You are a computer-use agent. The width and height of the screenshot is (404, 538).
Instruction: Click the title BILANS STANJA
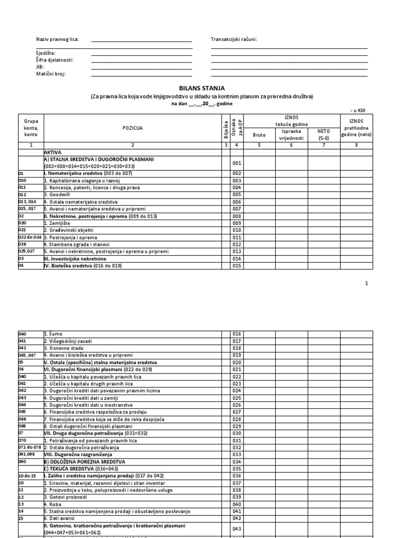pyautogui.click(x=202, y=89)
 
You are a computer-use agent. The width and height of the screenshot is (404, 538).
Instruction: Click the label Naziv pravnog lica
pyautogui.click(x=57, y=40)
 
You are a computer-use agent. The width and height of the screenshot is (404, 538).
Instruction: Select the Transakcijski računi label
pyautogui.click(x=234, y=40)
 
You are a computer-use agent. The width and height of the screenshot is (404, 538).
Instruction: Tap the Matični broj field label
pyautogui.click(x=50, y=74)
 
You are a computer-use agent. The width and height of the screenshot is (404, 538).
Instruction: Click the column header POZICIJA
pyautogui.click(x=133, y=128)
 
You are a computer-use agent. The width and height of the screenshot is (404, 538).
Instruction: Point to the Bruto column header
pyautogui.click(x=259, y=135)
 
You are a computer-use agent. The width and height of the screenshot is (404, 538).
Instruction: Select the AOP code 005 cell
pyautogui.click(x=236, y=194)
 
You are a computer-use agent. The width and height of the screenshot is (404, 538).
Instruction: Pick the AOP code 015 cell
pyautogui.click(x=236, y=266)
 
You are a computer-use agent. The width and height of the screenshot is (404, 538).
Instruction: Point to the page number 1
pyautogui.click(x=366, y=284)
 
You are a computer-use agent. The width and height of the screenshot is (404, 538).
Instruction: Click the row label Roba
pyautogui.click(x=52, y=504)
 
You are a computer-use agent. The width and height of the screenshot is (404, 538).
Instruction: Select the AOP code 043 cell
pyautogui.click(x=236, y=529)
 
